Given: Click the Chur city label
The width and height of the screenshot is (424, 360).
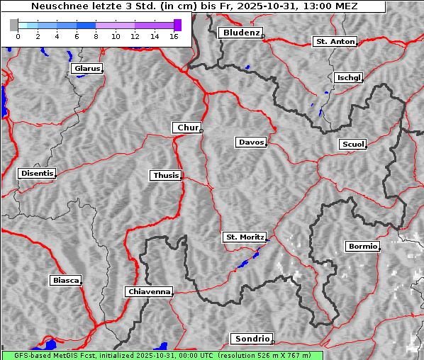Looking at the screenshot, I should [187, 128].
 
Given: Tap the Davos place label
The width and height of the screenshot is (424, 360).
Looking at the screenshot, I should [251, 142].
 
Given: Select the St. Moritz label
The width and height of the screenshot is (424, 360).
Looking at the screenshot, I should [244, 237].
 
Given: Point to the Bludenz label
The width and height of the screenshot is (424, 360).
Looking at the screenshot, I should [240, 33].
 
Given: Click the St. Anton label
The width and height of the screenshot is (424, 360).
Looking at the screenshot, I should [335, 42].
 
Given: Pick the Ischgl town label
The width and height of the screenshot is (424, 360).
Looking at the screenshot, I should [348, 77].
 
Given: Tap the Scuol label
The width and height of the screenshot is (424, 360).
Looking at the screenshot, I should [352, 145].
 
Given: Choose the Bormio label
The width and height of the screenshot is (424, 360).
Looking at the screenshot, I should [362, 247].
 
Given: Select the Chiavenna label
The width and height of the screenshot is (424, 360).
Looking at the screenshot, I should [149, 291].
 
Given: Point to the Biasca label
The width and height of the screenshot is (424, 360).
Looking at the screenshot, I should [65, 281].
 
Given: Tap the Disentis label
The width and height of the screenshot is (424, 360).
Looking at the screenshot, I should [36, 173].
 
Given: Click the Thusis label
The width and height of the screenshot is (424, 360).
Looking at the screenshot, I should [166, 175].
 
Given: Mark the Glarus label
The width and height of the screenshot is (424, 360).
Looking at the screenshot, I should [86, 69].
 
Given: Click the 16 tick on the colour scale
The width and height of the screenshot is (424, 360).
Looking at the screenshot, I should [174, 35].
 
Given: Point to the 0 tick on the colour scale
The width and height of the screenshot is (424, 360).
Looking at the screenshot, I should [18, 35].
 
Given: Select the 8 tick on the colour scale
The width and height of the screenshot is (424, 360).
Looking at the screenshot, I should [96, 35].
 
